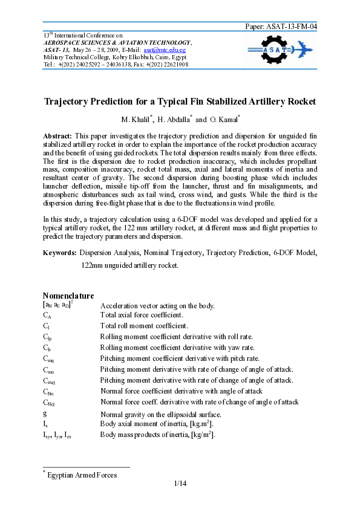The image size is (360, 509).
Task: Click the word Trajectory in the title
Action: [70, 101]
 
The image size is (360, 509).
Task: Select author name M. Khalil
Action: [137, 120]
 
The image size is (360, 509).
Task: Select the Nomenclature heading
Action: [68, 296]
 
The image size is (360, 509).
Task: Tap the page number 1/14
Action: [180, 483]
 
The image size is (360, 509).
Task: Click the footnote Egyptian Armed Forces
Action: [82, 475]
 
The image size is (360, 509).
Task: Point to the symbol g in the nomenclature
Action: [45, 413]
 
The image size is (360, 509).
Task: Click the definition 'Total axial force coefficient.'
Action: [142, 315]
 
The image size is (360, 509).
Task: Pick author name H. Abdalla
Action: [175, 120]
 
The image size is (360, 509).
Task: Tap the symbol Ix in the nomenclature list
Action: [45, 424]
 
